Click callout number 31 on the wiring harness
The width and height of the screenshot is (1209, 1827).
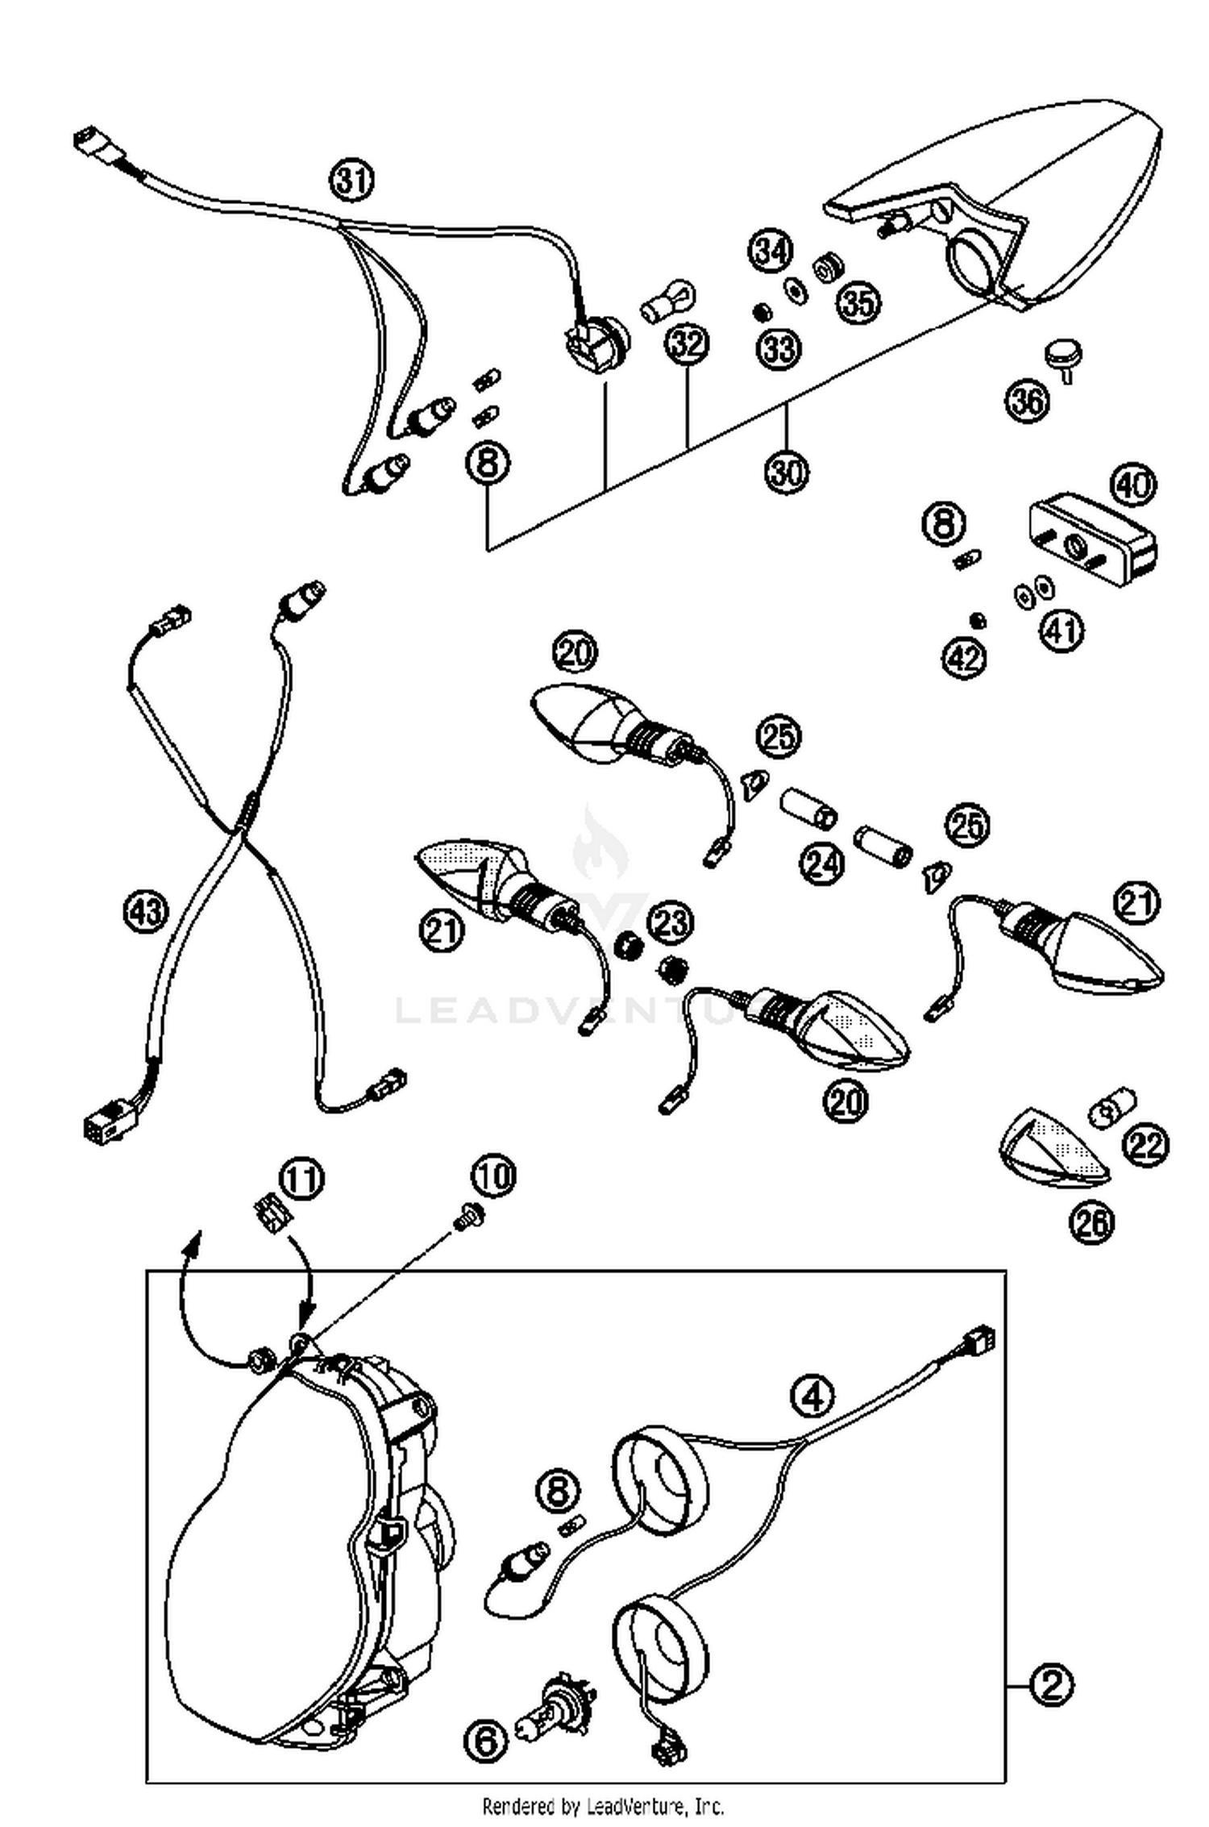tap(351, 180)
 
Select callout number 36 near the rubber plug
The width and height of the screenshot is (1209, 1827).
tap(1028, 400)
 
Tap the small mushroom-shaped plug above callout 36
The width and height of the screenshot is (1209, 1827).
tap(1063, 356)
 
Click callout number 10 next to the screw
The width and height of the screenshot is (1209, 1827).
tap(494, 1176)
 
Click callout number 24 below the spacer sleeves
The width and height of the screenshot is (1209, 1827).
tap(821, 863)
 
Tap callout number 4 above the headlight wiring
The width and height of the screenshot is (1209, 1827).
tap(812, 1395)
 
